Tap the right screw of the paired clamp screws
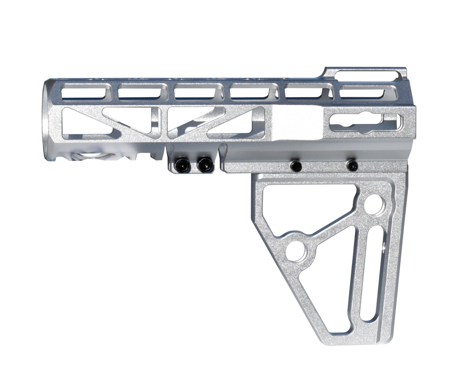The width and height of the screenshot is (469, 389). (205, 165)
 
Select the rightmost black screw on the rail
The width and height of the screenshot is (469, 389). (352, 165)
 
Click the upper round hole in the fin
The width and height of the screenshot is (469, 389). (375, 203)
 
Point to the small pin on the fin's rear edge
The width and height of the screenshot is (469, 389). (383, 247)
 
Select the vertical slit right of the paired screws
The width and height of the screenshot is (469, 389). (222, 157)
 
